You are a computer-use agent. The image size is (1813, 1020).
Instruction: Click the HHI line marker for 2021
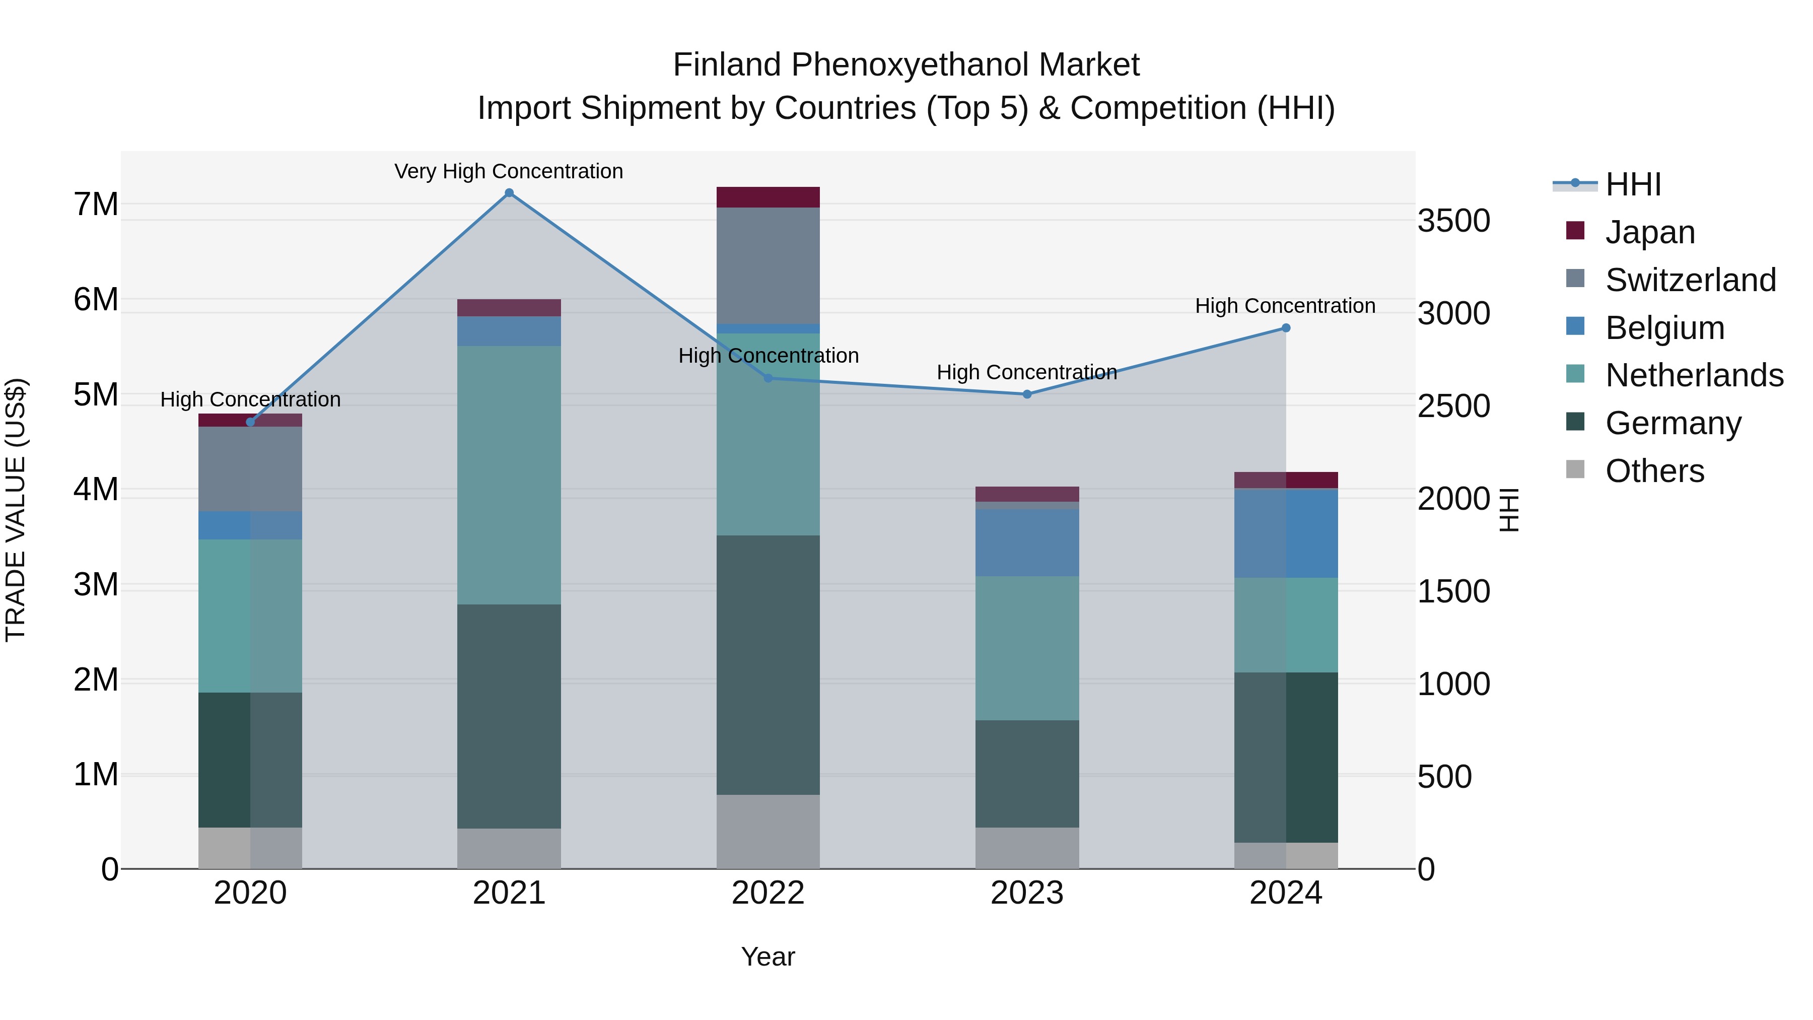tap(509, 193)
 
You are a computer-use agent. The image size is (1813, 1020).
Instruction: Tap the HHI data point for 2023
tap(1027, 394)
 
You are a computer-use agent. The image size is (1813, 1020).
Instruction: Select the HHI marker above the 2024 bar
tap(1286, 328)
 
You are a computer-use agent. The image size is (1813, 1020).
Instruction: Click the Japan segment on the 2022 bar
tap(768, 197)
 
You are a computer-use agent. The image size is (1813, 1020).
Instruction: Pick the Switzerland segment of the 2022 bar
tap(768, 265)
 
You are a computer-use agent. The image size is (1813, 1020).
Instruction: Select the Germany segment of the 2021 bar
tap(509, 716)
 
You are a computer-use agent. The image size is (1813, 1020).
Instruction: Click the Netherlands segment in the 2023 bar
tap(1027, 648)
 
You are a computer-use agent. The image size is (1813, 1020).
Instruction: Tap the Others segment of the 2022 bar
tap(768, 831)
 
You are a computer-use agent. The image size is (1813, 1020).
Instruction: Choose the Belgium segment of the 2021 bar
tap(509, 331)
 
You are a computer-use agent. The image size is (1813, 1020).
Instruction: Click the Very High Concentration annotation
tap(508, 171)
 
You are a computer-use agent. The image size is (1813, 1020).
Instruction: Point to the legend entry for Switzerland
tap(1691, 280)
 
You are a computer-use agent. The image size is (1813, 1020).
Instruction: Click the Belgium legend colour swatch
tap(1575, 326)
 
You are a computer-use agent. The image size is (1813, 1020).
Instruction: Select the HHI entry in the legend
tap(1633, 184)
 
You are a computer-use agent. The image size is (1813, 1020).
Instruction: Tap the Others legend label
tap(1655, 471)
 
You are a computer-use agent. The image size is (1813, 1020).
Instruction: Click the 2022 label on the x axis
tap(768, 893)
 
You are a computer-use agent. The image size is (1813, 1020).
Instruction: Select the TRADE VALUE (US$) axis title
tap(16, 510)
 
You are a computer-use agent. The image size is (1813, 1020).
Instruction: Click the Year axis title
tap(768, 957)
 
